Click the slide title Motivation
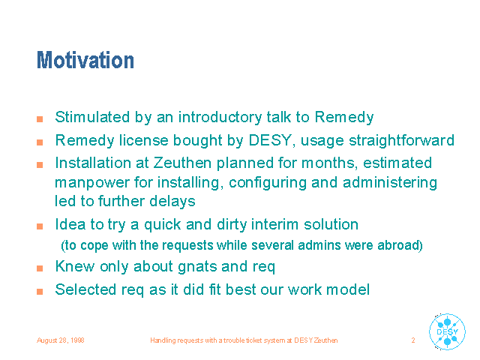[x=85, y=60]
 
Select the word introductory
[x=220, y=117]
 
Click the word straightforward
[x=402, y=140]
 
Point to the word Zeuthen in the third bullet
[x=182, y=163]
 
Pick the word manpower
[x=92, y=183]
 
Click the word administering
[x=390, y=183]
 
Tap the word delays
[x=172, y=202]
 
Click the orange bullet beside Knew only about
[x=40, y=268]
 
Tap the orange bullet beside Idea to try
[x=40, y=226]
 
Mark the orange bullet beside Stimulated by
[x=40, y=119]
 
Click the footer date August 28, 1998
[x=60, y=340]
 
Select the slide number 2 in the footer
[x=413, y=340]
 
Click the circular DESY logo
[x=447, y=331]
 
